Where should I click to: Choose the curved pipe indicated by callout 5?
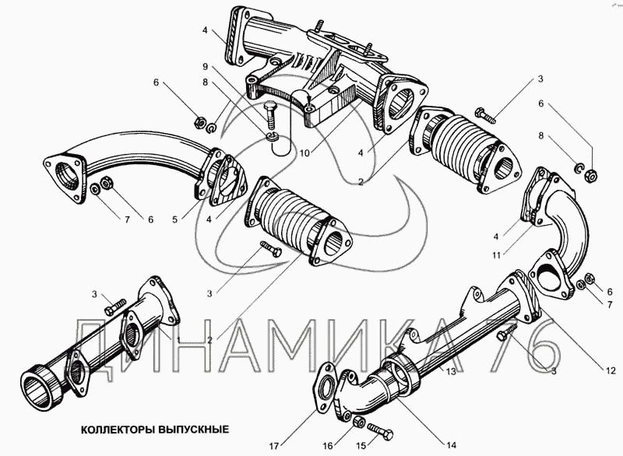(x=140, y=160)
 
